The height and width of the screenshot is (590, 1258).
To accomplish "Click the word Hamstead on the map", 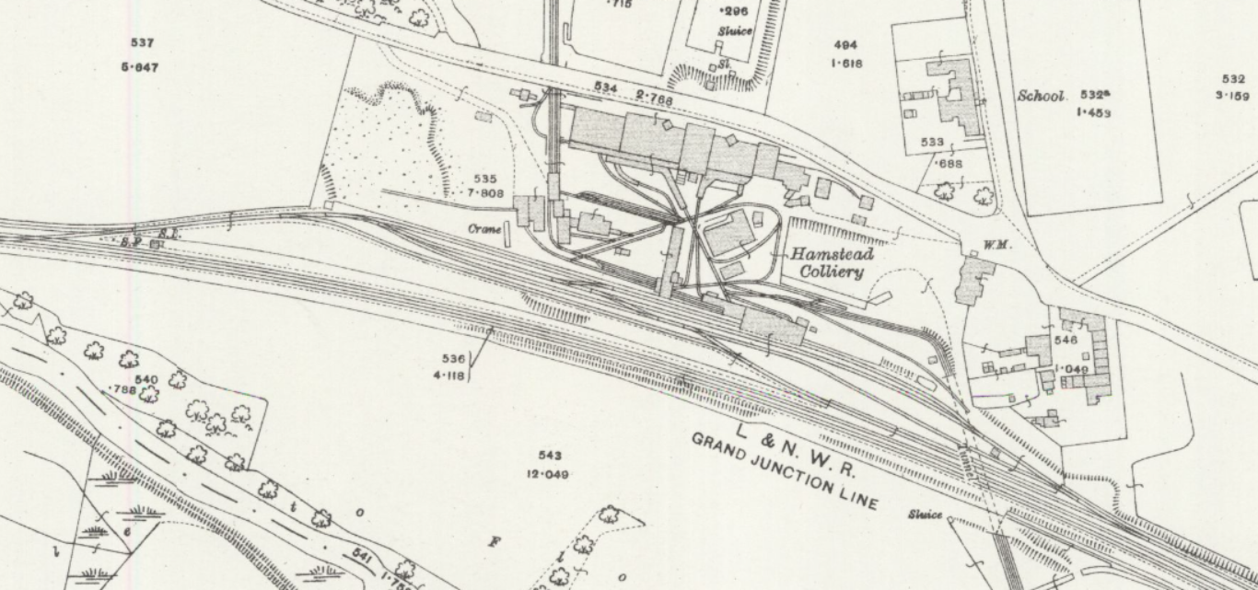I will pyautogui.click(x=830, y=254).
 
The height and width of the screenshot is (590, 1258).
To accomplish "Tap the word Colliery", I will pyautogui.click(x=832, y=272).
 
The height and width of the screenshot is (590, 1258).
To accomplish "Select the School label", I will pyautogui.click(x=1041, y=96).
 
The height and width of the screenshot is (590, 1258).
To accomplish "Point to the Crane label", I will pyautogui.click(x=483, y=228).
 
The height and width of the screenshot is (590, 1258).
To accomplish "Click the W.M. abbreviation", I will pyautogui.click(x=973, y=245).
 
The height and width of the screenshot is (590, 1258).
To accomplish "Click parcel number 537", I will pyautogui.click(x=142, y=43).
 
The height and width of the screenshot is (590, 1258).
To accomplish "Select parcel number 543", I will pyautogui.click(x=550, y=456).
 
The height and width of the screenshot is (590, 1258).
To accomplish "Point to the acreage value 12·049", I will pyautogui.click(x=548, y=474).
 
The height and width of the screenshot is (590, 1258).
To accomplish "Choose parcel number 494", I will pyautogui.click(x=845, y=45).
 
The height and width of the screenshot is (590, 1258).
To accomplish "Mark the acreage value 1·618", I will pyautogui.click(x=845, y=64).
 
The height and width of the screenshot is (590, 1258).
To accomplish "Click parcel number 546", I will pyautogui.click(x=1066, y=341).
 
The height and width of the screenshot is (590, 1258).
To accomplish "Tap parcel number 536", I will pyautogui.click(x=453, y=359).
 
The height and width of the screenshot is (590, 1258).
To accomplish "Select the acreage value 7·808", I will pyautogui.click(x=485, y=193).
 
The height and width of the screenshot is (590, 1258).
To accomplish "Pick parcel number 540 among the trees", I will pyautogui.click(x=146, y=379).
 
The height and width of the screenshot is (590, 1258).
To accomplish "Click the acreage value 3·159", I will pyautogui.click(x=1232, y=96).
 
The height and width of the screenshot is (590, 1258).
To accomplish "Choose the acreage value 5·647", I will pyautogui.click(x=140, y=67).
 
